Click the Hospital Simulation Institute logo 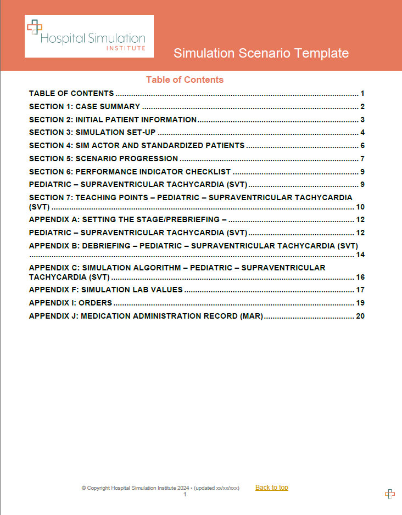[89, 36]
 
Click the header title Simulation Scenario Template [261, 53]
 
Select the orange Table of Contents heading [185, 80]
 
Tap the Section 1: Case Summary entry [85, 107]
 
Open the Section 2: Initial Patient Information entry [113, 120]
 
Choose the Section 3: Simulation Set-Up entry [92, 132]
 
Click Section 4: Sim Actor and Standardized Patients [137, 145]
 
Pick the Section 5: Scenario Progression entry [104, 159]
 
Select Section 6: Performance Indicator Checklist [130, 172]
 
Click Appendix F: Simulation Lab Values [105, 290]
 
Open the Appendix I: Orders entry [70, 303]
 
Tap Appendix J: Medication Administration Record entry [146, 316]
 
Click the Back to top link [271, 488]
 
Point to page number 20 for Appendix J [360, 316]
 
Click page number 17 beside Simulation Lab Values [360, 290]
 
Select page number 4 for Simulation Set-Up [363, 132]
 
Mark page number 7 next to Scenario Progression [363, 159]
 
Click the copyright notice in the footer [160, 488]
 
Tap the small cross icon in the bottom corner [390, 494]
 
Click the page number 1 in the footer [185, 495]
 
